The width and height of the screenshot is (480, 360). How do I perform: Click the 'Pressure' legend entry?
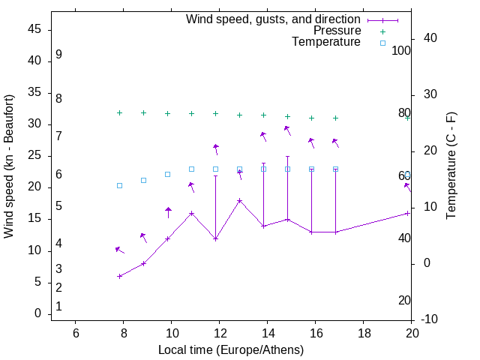337,31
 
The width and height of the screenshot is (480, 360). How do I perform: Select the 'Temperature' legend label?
326,43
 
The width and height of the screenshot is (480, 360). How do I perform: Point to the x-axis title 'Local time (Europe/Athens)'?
231,350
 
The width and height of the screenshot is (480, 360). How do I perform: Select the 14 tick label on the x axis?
267,333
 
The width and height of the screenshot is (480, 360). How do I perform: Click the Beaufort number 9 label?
58,55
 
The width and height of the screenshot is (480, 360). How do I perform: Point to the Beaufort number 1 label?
58,307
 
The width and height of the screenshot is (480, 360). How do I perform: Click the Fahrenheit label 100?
401,51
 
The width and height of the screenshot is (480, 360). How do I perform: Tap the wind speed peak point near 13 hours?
239,200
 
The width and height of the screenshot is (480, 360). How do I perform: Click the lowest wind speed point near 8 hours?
119,276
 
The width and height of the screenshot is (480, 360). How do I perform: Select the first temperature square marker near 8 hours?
119,185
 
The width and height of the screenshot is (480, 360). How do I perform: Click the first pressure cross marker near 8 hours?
119,112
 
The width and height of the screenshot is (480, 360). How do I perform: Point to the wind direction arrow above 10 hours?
168,212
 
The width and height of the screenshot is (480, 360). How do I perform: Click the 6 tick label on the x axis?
75,333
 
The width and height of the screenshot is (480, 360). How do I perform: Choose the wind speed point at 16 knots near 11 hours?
191,213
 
